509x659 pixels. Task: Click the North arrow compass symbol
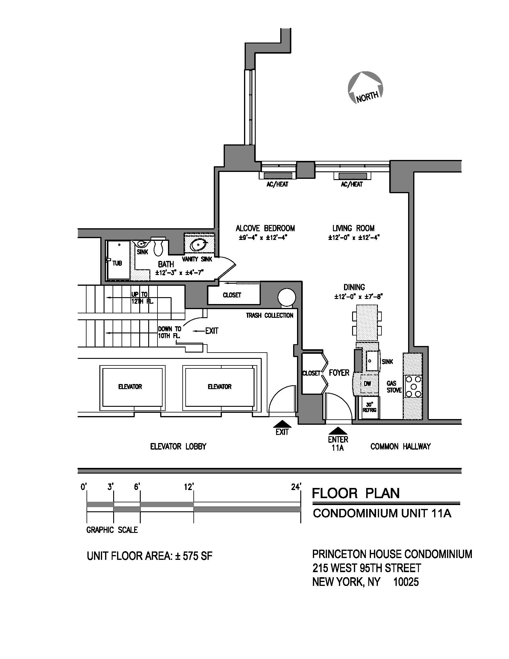pyautogui.click(x=365, y=87)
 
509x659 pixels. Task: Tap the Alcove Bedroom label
pyautogui.click(x=265, y=228)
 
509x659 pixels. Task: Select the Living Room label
pyautogui.click(x=353, y=228)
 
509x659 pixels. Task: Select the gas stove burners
pyautogui.click(x=413, y=386)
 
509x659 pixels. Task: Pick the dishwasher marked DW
pyautogui.click(x=367, y=383)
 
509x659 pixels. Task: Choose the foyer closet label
pyautogui.click(x=311, y=373)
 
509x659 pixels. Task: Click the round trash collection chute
pyautogui.click(x=286, y=297)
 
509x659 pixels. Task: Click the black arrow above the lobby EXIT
pyautogui.click(x=282, y=424)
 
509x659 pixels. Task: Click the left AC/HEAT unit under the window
pyautogui.click(x=278, y=176)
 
